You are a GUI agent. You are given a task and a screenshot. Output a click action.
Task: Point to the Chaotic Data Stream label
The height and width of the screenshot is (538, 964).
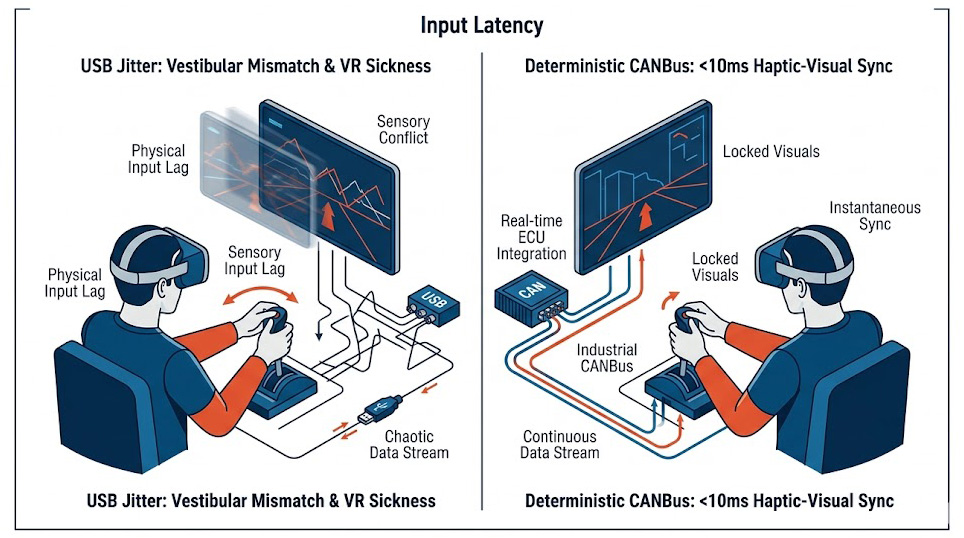417,444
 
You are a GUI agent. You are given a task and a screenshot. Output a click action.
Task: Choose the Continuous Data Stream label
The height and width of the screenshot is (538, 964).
561,444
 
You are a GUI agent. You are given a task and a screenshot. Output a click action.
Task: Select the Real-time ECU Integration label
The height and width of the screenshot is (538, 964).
530,236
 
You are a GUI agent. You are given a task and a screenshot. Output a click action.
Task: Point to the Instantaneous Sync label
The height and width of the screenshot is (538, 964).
874,216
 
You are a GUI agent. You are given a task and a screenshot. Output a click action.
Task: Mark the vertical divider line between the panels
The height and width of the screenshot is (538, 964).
482,280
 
